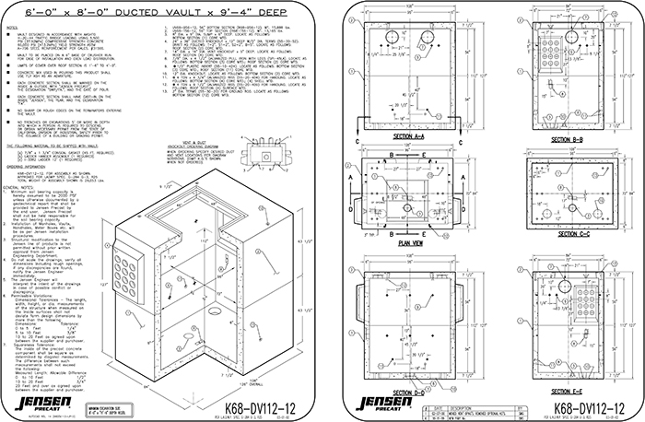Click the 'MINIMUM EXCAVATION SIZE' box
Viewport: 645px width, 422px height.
click(108, 403)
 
